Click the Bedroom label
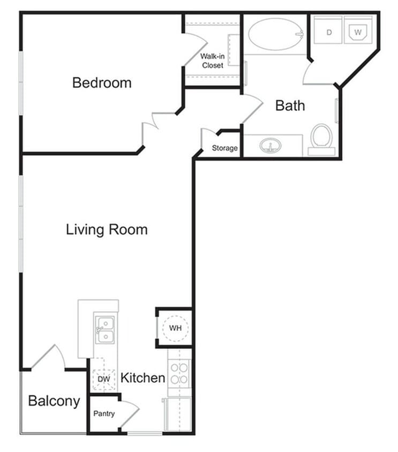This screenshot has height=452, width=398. [102, 83]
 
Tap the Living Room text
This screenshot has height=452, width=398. [107, 230]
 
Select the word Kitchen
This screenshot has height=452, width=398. [142, 378]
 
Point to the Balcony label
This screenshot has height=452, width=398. [54, 401]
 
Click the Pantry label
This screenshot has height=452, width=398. [104, 413]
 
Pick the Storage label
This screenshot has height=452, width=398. [224, 148]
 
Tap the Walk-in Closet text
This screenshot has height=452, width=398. [212, 61]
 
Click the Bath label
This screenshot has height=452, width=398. [290, 105]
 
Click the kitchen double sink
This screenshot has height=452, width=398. [104, 330]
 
